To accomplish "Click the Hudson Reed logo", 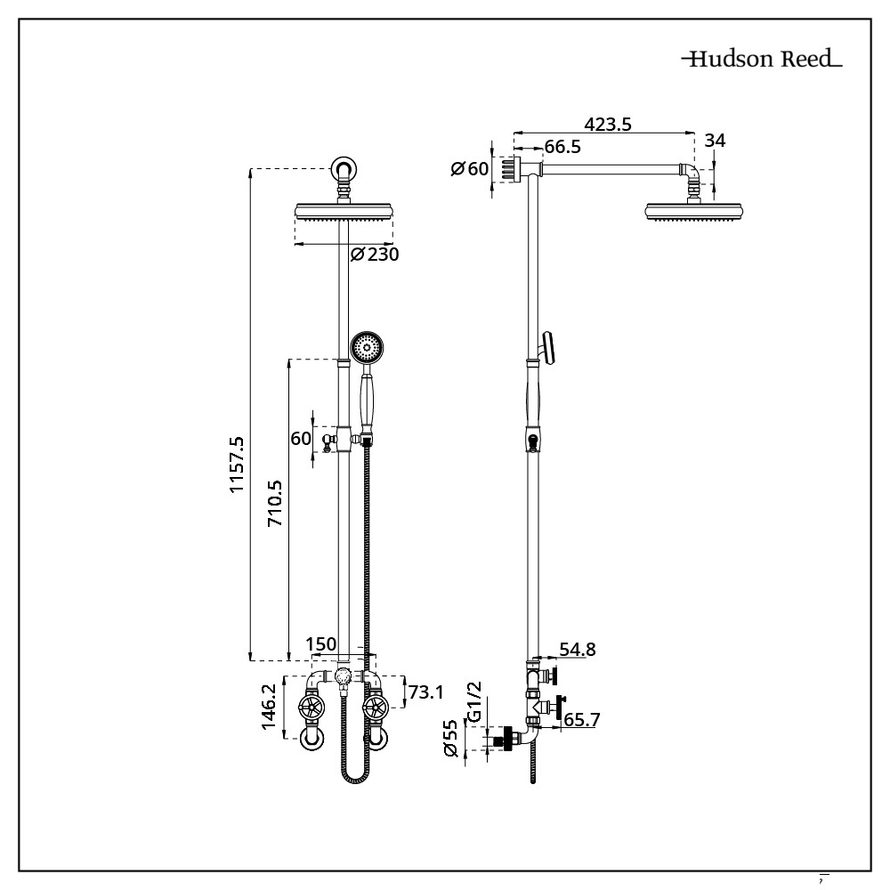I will pyautogui.click(x=762, y=61).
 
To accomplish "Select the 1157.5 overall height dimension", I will pyautogui.click(x=238, y=464).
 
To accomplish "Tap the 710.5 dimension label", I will pyautogui.click(x=276, y=505).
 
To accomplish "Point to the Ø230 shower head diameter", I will pyautogui.click(x=374, y=255).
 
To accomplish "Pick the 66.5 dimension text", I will pyautogui.click(x=562, y=147).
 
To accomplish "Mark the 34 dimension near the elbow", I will pyautogui.click(x=715, y=141).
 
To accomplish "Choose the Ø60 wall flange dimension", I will pyautogui.click(x=470, y=168).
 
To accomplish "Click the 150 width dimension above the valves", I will pyautogui.click(x=320, y=644).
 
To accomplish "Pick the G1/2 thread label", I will pyautogui.click(x=473, y=701).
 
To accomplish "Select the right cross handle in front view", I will pyautogui.click(x=376, y=709).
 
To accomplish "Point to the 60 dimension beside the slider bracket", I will pyautogui.click(x=300, y=438).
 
